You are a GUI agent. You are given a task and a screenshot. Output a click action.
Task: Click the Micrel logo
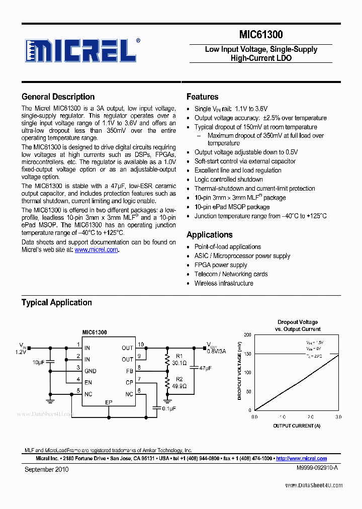click(x=81, y=50)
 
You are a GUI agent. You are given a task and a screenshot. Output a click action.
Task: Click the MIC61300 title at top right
click(x=260, y=35)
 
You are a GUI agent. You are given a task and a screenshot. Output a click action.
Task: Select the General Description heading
click(x=58, y=97)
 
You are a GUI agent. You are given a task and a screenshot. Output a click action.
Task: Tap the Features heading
click(x=202, y=97)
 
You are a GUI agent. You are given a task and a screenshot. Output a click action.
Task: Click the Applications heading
click(x=209, y=234)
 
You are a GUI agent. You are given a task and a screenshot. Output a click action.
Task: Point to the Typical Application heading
click(x=56, y=302)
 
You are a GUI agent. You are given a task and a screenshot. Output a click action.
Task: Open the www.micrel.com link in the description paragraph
click(x=96, y=249)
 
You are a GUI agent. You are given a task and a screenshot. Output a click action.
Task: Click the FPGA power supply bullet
click(x=221, y=265)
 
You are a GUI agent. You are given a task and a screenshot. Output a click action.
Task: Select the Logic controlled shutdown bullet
click(x=228, y=180)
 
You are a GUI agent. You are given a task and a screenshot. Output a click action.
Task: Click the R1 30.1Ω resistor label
click(x=179, y=359)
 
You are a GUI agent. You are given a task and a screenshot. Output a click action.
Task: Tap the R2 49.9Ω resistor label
click(x=179, y=383)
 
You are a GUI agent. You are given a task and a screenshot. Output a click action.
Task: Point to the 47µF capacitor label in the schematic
click(x=205, y=369)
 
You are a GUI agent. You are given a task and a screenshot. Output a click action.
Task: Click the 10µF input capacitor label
click(x=38, y=362)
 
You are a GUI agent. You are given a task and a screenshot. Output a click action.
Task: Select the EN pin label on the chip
click(x=88, y=382)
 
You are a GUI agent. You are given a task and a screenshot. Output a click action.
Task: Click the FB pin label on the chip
click(x=129, y=371)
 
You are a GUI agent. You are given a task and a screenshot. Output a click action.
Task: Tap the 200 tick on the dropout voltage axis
click(x=247, y=334)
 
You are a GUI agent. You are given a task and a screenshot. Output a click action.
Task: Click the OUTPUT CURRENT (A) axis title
click(x=296, y=426)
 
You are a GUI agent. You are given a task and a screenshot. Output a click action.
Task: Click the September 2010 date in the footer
click(x=47, y=469)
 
